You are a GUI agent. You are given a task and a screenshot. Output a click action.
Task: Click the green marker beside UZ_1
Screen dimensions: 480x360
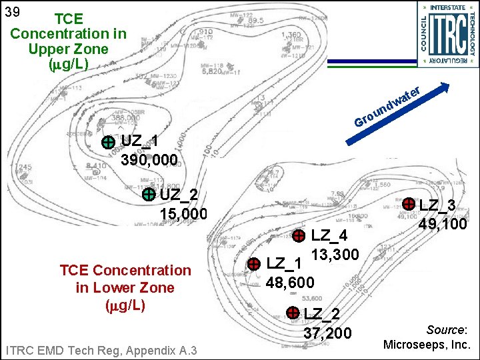pos(107,142)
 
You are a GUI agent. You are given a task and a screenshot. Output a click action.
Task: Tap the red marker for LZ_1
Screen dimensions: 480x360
pos(254,264)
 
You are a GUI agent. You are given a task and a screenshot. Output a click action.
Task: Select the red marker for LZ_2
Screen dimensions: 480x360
pos(292,312)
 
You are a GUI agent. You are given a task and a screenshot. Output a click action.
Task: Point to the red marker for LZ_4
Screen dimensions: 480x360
pos(299,235)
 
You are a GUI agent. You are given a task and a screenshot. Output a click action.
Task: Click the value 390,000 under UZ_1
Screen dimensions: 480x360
pos(149,160)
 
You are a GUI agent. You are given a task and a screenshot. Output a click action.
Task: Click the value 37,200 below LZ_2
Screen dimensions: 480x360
pos(327,332)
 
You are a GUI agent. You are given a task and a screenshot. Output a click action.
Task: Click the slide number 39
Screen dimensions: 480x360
pos(11,11)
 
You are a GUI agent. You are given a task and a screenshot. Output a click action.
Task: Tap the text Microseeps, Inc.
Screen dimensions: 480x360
pos(427,345)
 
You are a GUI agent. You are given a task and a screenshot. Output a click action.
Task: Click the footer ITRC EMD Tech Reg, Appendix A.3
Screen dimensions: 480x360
pos(100,350)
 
